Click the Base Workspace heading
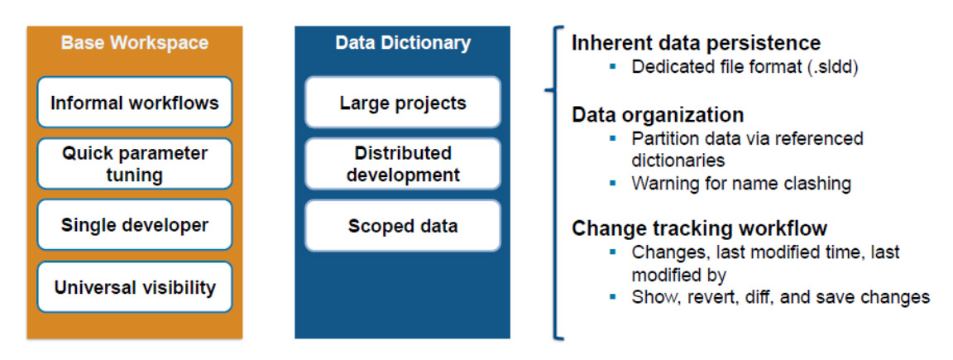[134, 42]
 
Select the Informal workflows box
[134, 103]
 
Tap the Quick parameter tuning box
[134, 164]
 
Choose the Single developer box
[134, 225]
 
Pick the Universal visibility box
[134, 287]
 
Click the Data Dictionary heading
[402, 42]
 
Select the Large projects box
[402, 103]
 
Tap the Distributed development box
[402, 164]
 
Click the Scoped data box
[402, 225]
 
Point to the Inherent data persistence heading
[696, 43]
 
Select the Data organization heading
[657, 114]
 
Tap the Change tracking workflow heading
[699, 228]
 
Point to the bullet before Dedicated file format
[613, 66]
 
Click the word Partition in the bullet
[662, 138]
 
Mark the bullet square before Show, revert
[613, 295]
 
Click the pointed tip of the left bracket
[546, 89]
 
